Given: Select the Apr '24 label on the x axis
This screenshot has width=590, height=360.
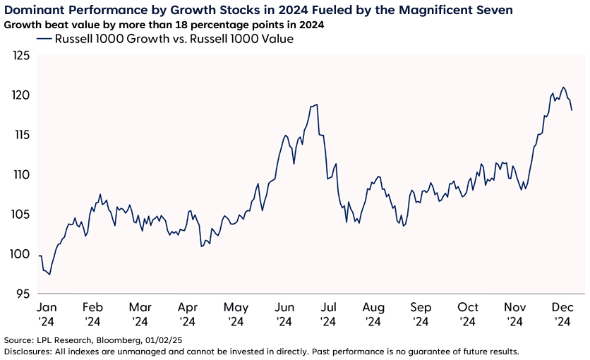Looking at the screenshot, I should (187, 314).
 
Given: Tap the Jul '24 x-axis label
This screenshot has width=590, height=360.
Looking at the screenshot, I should (327, 314).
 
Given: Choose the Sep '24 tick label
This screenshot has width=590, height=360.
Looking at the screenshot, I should (421, 314).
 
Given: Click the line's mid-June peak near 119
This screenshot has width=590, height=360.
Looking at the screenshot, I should (317, 104).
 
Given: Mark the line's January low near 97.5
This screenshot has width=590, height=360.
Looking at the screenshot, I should (49, 274).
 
